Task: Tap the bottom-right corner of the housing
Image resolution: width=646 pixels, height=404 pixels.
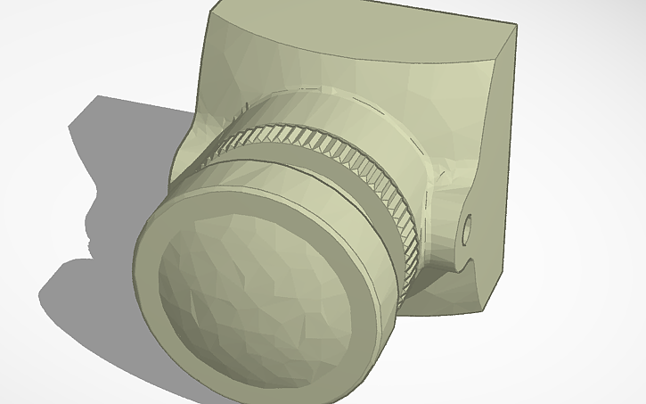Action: click(485, 309)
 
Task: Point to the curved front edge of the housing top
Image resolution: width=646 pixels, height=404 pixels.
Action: click(356, 62)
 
